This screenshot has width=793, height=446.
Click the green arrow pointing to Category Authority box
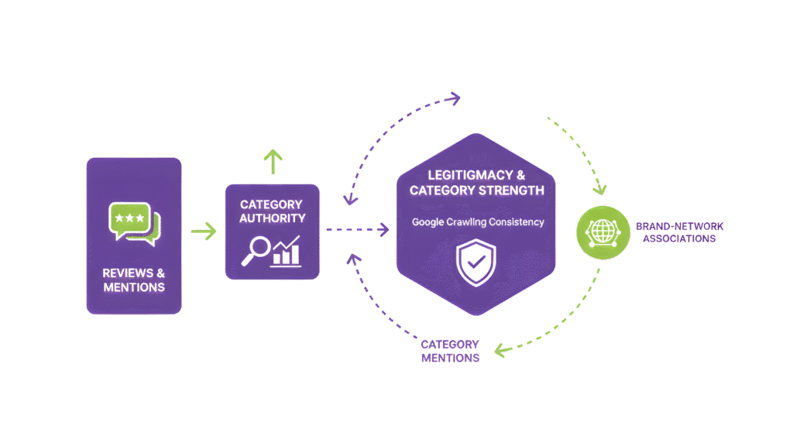click(203, 231)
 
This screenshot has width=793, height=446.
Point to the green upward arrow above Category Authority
click(272, 160)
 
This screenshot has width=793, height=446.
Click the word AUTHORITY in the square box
click(272, 218)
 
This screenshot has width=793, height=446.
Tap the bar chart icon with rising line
click(286, 252)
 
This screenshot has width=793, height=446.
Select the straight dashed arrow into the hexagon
click(356, 229)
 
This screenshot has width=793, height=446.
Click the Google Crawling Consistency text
click(478, 222)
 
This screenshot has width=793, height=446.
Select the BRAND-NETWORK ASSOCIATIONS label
click(675, 232)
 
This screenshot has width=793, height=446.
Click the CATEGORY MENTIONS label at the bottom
click(450, 351)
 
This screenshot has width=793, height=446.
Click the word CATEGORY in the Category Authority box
click(272, 204)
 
